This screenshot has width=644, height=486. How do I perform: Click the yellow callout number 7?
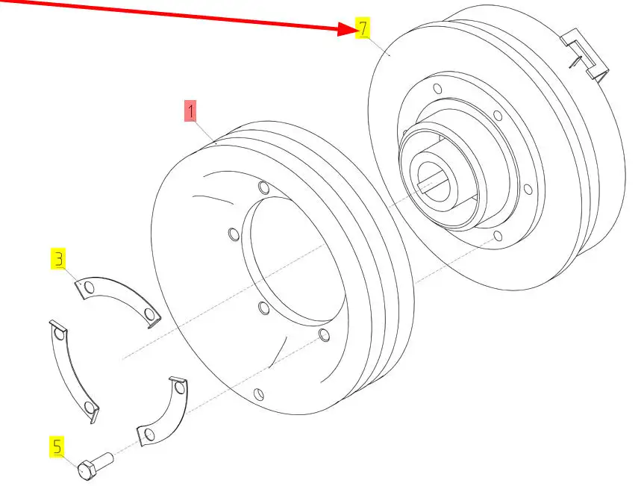(x=363, y=28)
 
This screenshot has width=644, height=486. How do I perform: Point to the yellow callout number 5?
(x=57, y=446)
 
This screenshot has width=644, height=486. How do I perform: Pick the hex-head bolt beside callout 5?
(x=96, y=466)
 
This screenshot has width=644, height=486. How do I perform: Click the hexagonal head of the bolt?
(x=87, y=470)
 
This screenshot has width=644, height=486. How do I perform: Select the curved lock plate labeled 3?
(x=119, y=299)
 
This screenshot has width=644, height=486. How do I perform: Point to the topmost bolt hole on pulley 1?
(x=264, y=188)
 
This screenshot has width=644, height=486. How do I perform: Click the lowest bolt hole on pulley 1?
(x=259, y=394)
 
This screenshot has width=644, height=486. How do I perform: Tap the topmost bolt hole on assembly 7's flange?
(x=438, y=89)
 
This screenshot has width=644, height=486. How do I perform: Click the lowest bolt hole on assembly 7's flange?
(x=498, y=236)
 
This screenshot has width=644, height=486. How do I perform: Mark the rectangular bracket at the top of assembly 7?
(x=585, y=54)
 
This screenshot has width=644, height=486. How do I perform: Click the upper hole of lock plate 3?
(x=89, y=287)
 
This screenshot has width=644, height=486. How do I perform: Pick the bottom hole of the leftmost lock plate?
(x=89, y=407)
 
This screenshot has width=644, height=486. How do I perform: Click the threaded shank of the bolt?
(x=104, y=459)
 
